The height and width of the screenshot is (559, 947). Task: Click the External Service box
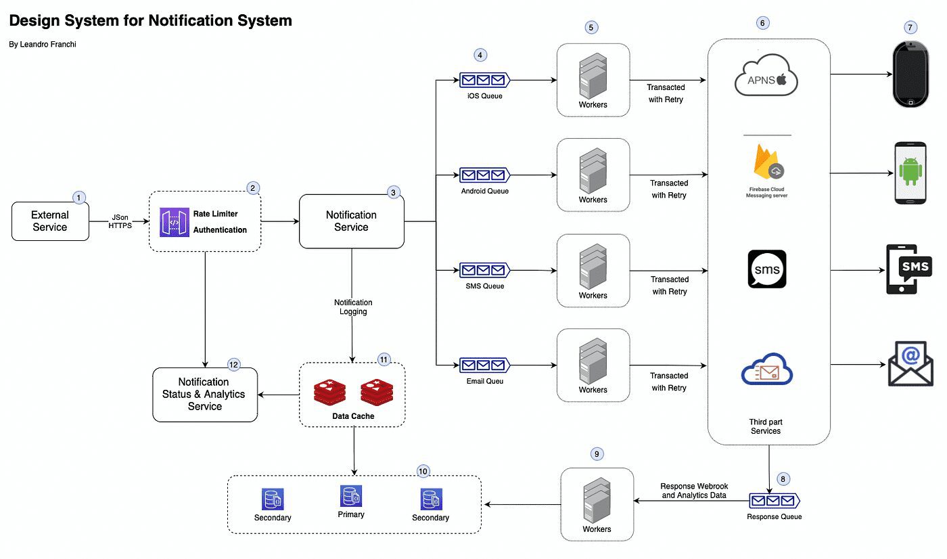(50, 221)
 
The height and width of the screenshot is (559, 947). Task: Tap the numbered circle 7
(911, 28)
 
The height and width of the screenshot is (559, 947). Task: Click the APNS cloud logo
(766, 80)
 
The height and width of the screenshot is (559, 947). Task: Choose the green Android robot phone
(910, 173)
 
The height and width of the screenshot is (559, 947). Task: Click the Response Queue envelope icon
(774, 501)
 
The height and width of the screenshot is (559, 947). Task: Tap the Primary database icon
(351, 497)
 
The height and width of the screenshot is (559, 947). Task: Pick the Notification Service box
(352, 221)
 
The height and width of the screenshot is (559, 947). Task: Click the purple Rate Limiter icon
(175, 223)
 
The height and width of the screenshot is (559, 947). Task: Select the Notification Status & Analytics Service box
(205, 395)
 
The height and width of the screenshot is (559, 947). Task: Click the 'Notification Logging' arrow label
(353, 307)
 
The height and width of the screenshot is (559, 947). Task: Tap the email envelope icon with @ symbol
(910, 364)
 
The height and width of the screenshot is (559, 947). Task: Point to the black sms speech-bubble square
(767, 269)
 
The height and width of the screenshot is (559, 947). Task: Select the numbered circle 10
(423, 471)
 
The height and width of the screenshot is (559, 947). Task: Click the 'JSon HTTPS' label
(120, 222)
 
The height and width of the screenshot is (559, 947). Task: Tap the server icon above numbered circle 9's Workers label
(596, 499)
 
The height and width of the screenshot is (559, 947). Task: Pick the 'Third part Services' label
(766, 426)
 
